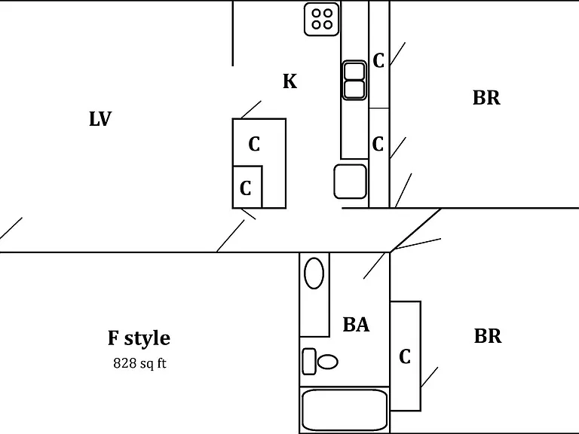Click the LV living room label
(x=100, y=119)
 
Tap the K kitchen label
(x=289, y=81)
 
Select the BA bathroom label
(x=356, y=325)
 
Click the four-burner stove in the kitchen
(x=322, y=19)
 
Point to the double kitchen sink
(x=354, y=81)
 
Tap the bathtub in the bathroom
(x=345, y=410)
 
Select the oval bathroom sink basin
(x=314, y=273)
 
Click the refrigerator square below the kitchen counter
(x=351, y=182)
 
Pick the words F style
(x=139, y=338)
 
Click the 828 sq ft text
(x=139, y=363)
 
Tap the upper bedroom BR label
(x=486, y=98)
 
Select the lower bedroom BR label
(x=488, y=336)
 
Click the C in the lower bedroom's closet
(x=405, y=356)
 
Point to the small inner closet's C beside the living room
(x=246, y=188)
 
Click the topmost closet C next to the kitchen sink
(x=378, y=60)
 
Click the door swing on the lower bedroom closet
(x=430, y=377)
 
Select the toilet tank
(x=309, y=362)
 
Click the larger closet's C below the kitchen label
(x=254, y=144)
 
